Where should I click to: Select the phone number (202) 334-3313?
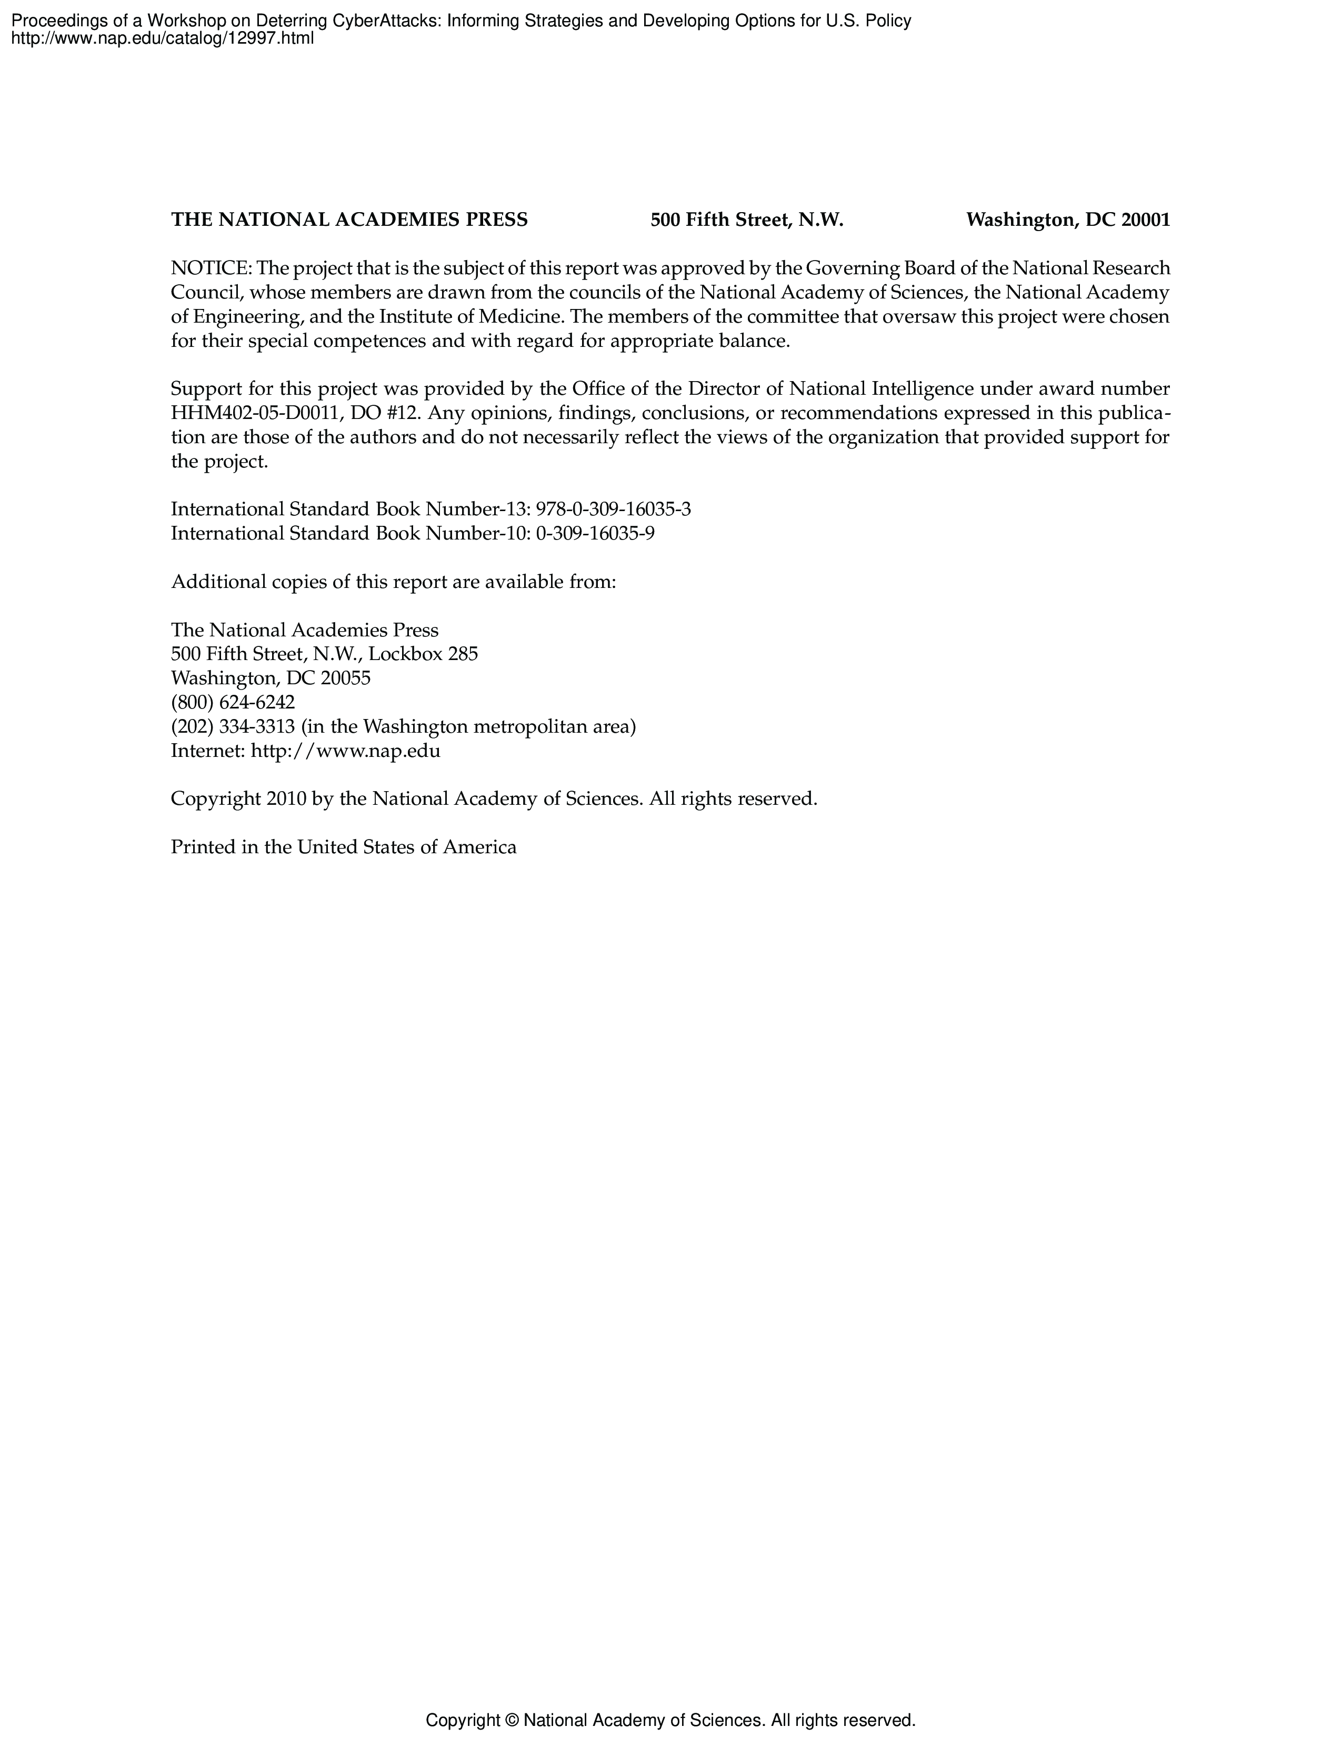click(x=233, y=727)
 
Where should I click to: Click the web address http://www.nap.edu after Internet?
click(x=345, y=751)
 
